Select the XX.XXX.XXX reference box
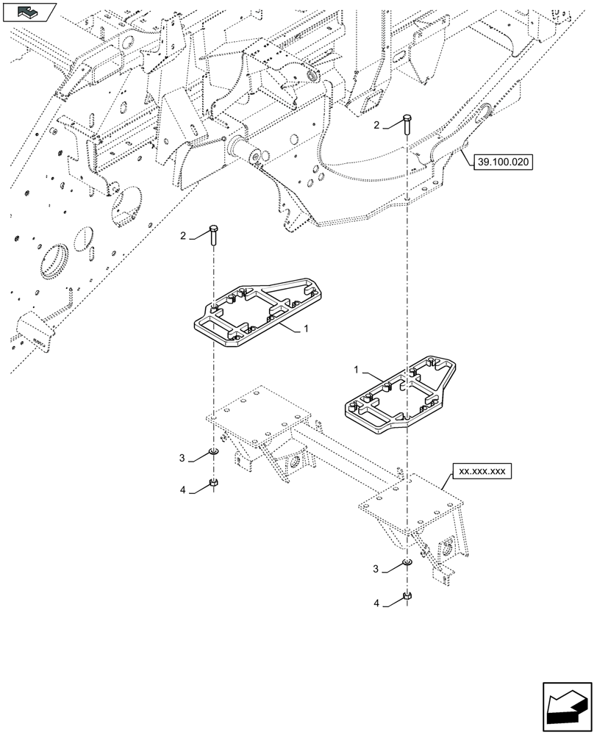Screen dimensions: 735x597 click(x=481, y=471)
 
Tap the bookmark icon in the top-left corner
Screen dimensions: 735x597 click(x=29, y=11)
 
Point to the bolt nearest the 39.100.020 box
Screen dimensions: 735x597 click(x=407, y=124)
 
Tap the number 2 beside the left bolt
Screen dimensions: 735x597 click(x=183, y=235)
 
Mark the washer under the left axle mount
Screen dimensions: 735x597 click(x=212, y=451)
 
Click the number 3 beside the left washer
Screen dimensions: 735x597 click(x=183, y=459)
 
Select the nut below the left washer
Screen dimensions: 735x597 click(x=212, y=482)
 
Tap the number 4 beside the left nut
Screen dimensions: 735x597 click(x=183, y=490)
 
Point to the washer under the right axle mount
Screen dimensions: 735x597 click(x=407, y=563)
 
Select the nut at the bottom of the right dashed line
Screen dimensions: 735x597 click(x=407, y=597)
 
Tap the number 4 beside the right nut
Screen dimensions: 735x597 click(x=377, y=603)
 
